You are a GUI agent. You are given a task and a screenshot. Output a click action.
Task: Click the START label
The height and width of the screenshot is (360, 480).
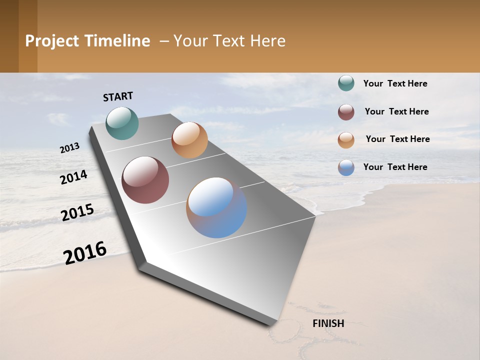pos(118,96)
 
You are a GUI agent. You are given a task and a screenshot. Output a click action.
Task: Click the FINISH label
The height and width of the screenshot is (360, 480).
pos(328,323)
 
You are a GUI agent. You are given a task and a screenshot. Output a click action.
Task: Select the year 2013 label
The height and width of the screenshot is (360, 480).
pos(69,148)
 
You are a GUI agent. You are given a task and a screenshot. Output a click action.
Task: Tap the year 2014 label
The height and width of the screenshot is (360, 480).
pos(73,177)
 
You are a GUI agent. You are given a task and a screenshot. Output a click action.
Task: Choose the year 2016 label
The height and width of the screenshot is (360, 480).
pos(85,252)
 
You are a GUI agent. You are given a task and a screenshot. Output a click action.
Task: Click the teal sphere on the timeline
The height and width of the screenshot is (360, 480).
pos(122,123)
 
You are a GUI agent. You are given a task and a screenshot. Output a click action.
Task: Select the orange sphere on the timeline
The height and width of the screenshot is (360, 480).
pos(189,140)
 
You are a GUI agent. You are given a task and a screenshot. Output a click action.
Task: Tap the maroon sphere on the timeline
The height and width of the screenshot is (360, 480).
pos(145,180)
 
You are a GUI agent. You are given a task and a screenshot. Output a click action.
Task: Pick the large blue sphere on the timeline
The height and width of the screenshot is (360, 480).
pos(216,207)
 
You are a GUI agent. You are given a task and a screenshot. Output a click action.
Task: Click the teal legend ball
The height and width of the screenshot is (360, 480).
pos(346,83)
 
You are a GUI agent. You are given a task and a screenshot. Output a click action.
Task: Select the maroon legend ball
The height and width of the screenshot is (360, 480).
pos(346,112)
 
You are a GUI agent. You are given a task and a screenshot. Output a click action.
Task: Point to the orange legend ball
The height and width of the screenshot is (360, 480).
pos(346,140)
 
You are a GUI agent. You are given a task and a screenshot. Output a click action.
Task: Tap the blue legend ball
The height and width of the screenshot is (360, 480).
pos(346,167)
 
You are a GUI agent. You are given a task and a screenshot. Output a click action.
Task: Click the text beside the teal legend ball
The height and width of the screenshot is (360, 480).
pos(395,83)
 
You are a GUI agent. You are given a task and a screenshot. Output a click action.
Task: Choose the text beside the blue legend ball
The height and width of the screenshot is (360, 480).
pos(395,167)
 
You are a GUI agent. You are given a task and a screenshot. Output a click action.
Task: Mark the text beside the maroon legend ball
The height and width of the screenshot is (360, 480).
pos(396,111)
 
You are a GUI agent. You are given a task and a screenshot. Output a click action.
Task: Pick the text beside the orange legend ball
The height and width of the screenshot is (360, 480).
pos(397,139)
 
